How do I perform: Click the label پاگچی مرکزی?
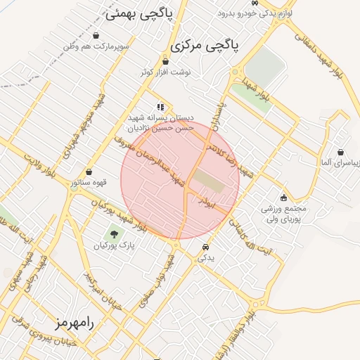pos(204,46)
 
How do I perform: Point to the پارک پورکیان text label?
pos(116,246)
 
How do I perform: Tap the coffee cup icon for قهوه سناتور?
pos(89,172)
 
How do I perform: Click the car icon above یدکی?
pos(205,247)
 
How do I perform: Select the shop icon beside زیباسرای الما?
pos(340,152)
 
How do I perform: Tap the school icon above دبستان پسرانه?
pos(161,108)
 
